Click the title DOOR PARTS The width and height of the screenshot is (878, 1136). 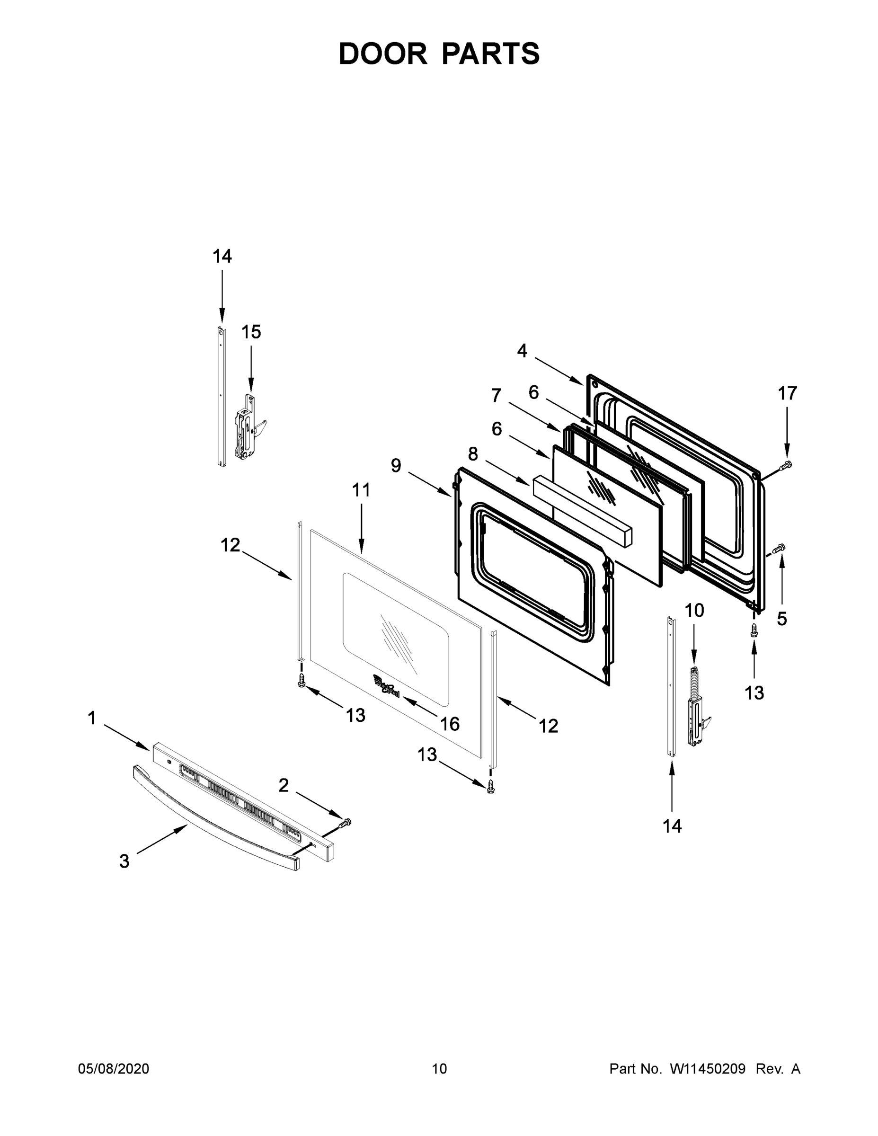coord(439,53)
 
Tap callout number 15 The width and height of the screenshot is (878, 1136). coord(251,332)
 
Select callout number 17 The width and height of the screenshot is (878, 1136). coord(787,393)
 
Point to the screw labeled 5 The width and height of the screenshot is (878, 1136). coord(779,548)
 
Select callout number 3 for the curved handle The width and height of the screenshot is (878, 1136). coord(124,861)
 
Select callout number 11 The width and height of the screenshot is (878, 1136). coord(361,490)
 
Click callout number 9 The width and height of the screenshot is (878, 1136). coord(396,466)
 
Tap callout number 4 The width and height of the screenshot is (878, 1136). coord(522,351)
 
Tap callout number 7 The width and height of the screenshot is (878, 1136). coord(496,396)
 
